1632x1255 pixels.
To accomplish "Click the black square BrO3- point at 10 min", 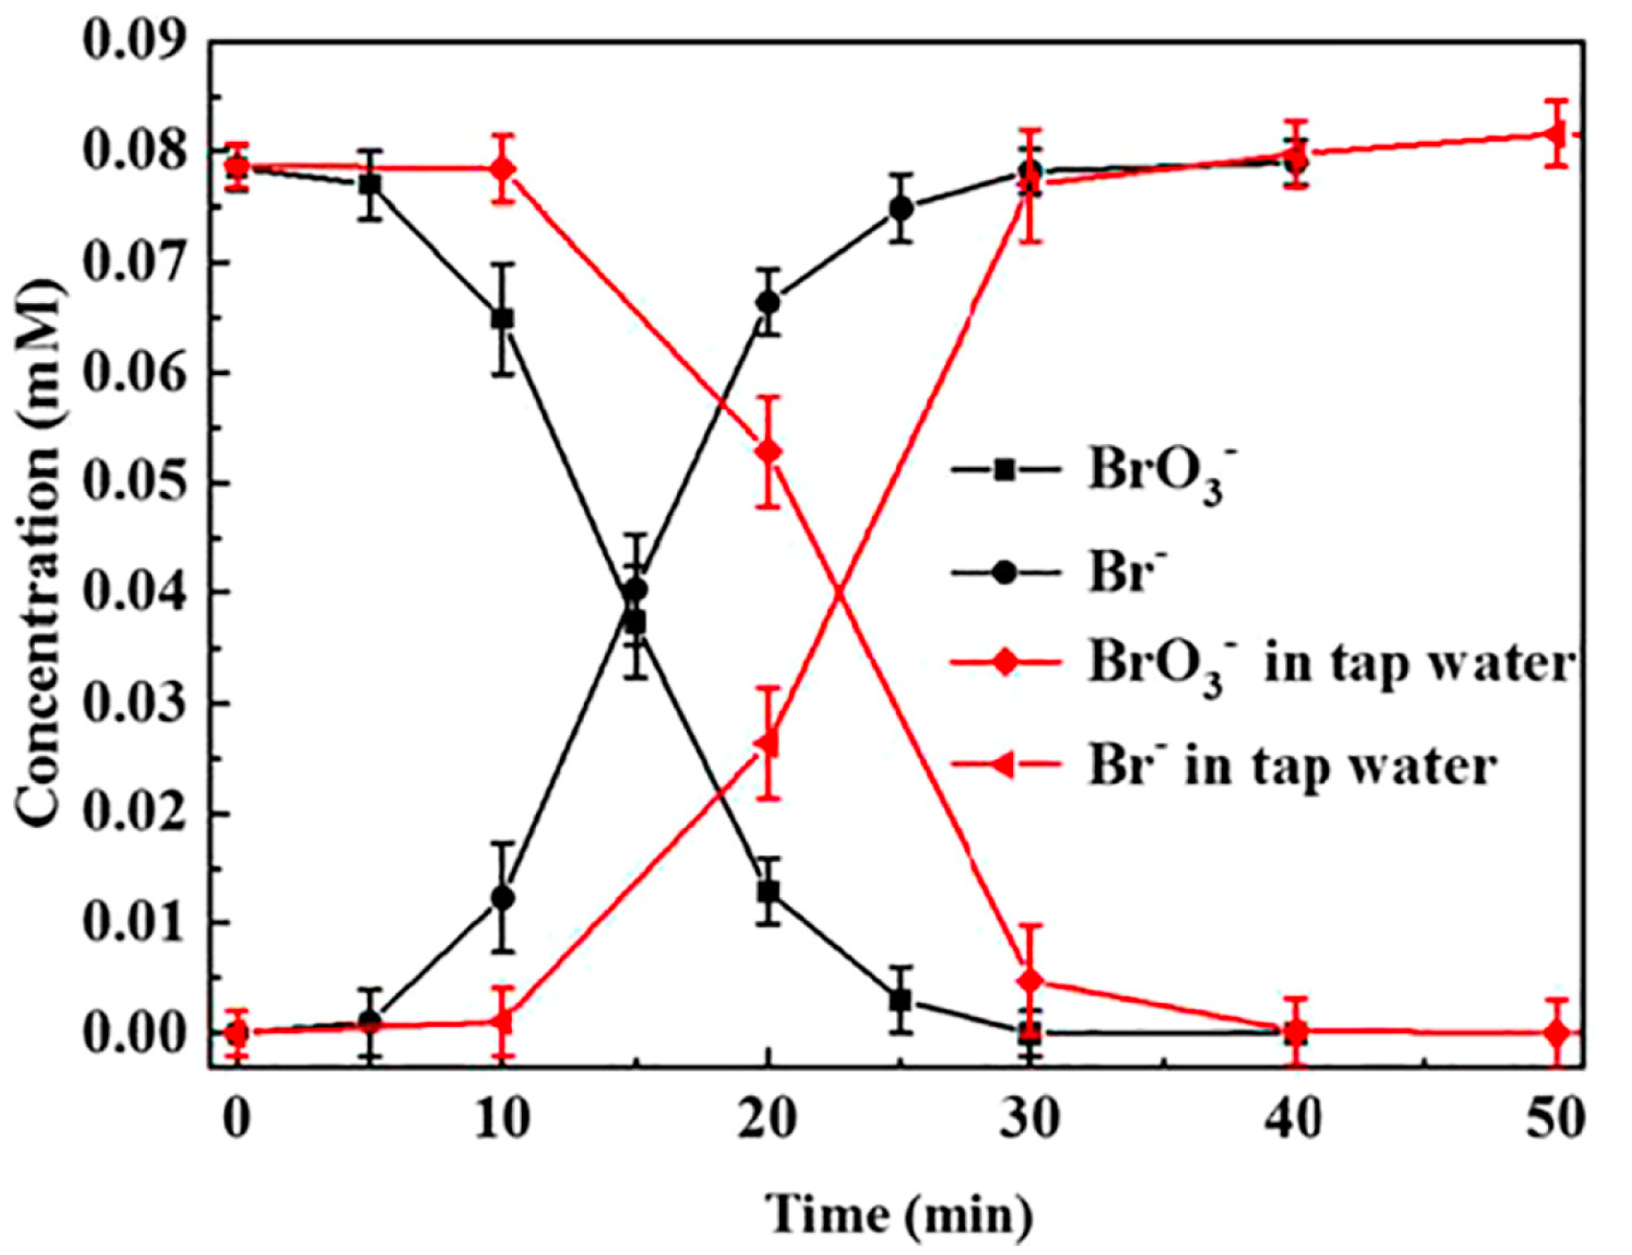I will tap(502, 318).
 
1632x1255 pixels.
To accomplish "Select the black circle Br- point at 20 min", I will tap(768, 302).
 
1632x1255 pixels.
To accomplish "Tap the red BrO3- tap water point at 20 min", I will tap(768, 452).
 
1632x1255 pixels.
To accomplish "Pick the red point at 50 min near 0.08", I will tap(1557, 135).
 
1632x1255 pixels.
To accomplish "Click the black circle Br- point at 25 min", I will tap(902, 209).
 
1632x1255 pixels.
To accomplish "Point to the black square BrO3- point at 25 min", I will tap(901, 1000).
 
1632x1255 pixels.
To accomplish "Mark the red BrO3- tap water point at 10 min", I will tap(503, 168).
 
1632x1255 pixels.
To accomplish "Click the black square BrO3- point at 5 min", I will tap(370, 185).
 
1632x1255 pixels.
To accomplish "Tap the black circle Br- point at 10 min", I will tap(503, 898).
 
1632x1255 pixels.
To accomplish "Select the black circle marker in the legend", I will tap(1005, 571).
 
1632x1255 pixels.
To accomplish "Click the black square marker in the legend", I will tap(1005, 470).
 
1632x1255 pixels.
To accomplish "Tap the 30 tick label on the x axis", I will tap(1030, 1119).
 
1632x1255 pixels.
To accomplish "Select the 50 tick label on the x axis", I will tap(1556, 1119).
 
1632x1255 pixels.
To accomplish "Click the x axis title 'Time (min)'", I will tap(899, 1214).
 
